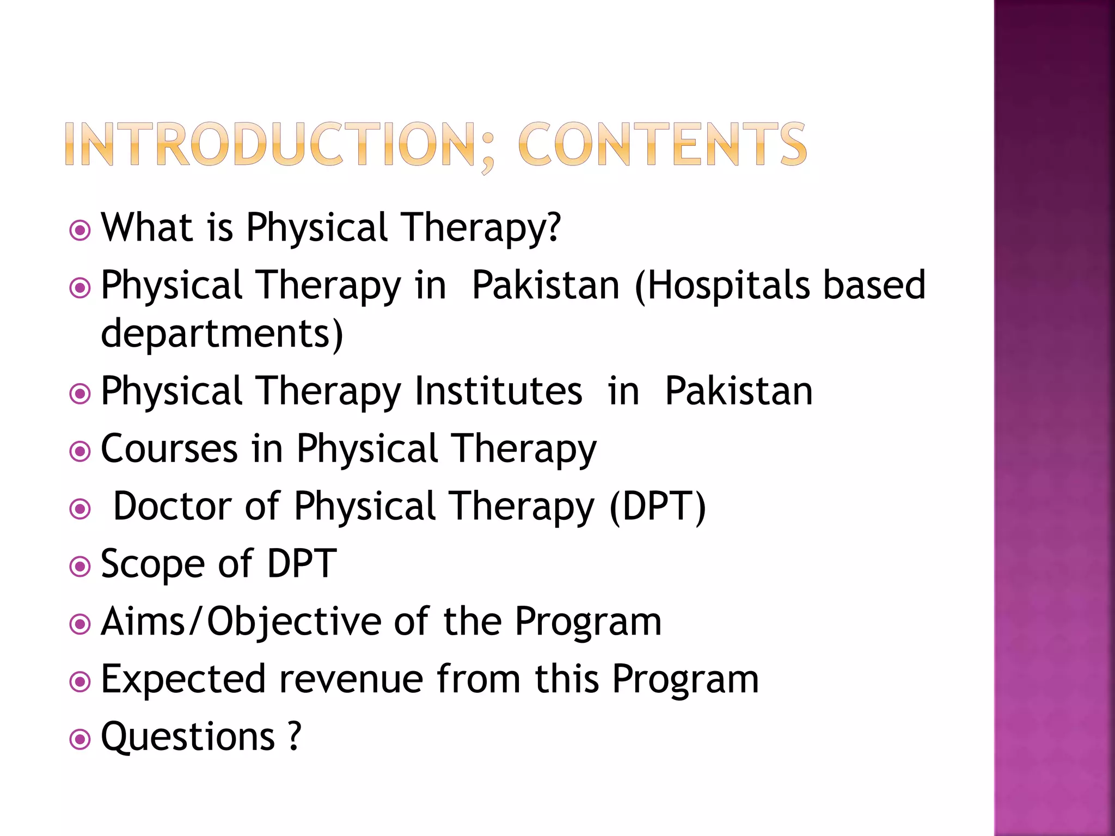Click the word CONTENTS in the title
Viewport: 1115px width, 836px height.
662,144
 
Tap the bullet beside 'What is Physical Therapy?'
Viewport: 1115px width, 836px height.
80,230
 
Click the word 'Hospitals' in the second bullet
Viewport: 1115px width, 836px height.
724,285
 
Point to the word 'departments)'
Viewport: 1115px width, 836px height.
222,333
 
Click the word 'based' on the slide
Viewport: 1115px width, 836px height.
874,285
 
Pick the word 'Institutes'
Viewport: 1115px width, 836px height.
498,391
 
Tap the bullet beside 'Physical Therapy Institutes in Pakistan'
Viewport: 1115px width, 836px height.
80,394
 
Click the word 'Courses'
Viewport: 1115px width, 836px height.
169,449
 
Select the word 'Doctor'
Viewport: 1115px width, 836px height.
172,506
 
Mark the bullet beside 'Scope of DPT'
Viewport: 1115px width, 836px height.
80,567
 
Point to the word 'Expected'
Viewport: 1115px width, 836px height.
183,680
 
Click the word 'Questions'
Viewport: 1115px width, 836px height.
188,737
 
